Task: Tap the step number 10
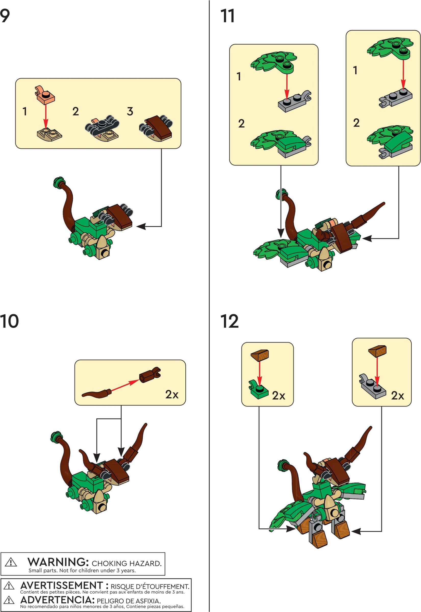click(9, 321)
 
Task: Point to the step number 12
click(229, 321)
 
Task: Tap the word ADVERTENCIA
click(57, 600)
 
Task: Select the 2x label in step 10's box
click(172, 395)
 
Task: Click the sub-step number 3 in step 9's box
click(130, 111)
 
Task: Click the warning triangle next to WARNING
click(11, 562)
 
